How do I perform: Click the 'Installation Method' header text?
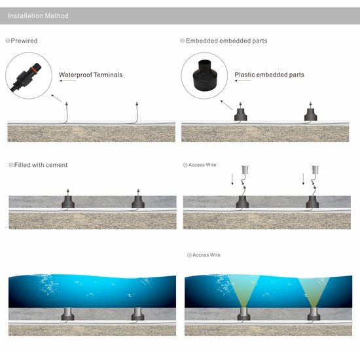(x=38, y=16)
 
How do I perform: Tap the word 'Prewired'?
(x=24, y=41)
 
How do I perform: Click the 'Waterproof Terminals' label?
(x=90, y=75)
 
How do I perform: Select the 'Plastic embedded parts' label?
(x=269, y=75)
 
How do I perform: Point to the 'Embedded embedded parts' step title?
(x=226, y=41)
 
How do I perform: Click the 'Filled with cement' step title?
(x=41, y=165)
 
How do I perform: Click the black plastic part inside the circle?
(x=204, y=75)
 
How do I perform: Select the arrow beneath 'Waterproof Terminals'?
(x=67, y=81)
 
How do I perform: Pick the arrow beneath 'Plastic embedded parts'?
(x=243, y=81)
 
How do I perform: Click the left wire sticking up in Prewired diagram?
(x=66, y=113)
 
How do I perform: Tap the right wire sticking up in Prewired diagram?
(x=137, y=113)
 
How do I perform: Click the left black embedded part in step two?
(x=241, y=114)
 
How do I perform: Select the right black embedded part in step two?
(x=311, y=114)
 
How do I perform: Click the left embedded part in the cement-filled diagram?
(x=68, y=202)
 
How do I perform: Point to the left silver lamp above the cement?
(x=245, y=170)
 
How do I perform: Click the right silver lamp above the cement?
(x=315, y=170)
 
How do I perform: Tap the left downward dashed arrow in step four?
(x=232, y=179)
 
